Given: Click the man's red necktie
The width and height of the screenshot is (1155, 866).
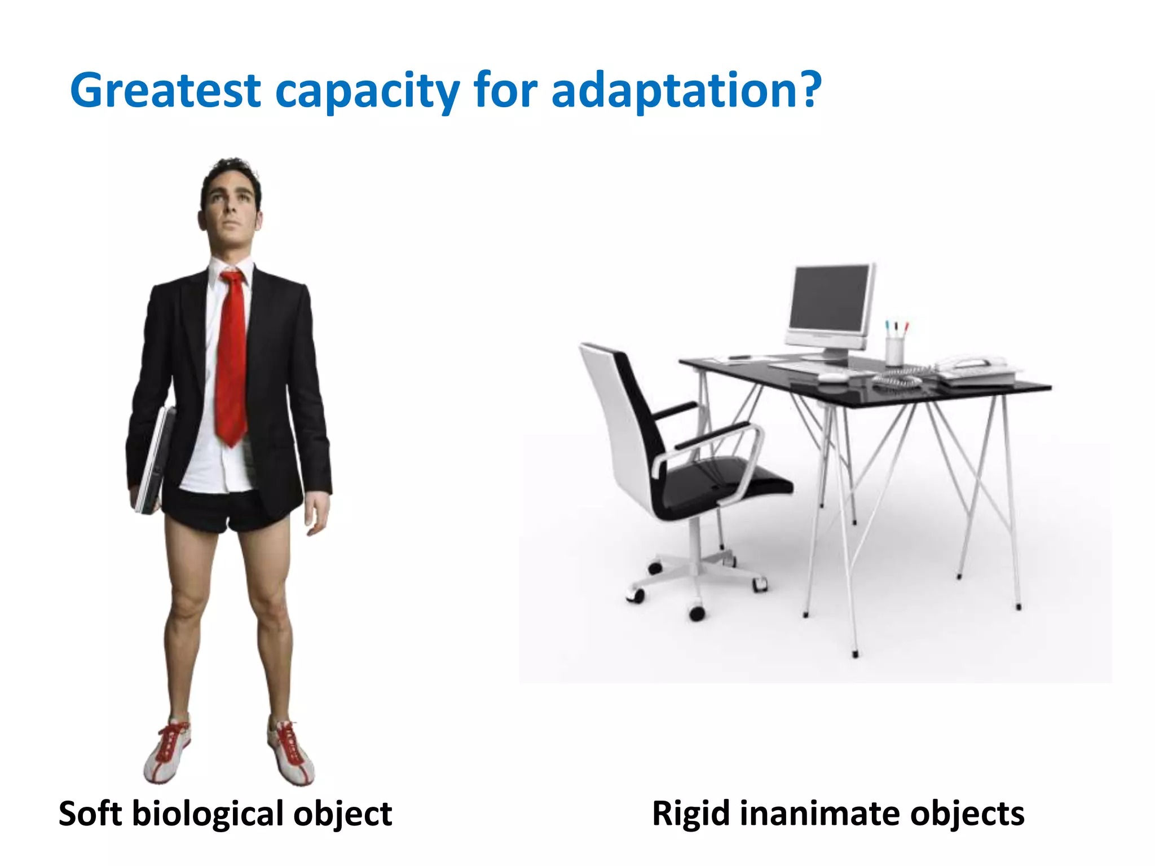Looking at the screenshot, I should pyautogui.click(x=232, y=355).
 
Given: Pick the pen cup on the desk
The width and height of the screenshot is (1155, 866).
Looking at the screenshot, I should pyautogui.click(x=894, y=350).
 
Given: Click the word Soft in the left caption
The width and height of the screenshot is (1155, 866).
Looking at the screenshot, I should pyautogui.click(x=90, y=814).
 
